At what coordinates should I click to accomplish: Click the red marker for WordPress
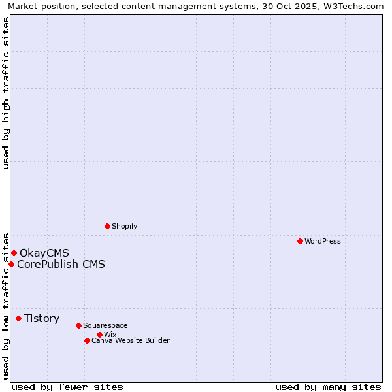point(300,241)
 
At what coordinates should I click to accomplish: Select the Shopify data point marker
point(107,226)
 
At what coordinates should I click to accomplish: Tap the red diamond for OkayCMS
point(14,253)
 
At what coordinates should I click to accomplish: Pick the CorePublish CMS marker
point(11,264)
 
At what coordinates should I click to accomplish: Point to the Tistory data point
point(18,318)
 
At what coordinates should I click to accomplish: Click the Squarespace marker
point(78,325)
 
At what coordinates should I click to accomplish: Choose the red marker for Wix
point(99,335)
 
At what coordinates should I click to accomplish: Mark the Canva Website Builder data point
point(87,340)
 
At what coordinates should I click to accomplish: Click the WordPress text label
point(323,241)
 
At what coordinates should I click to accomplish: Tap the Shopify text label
point(125,226)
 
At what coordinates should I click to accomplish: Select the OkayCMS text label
point(44,253)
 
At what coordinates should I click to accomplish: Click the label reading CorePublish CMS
point(61,264)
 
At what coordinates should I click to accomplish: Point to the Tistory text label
point(42,318)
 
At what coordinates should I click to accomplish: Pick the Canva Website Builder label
point(131,340)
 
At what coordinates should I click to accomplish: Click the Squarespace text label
point(106,325)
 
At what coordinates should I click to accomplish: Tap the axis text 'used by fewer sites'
point(67,387)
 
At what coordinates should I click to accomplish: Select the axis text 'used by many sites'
point(328,387)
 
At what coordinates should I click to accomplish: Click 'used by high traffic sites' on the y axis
point(6,93)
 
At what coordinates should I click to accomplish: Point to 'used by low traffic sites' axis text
point(6,304)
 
